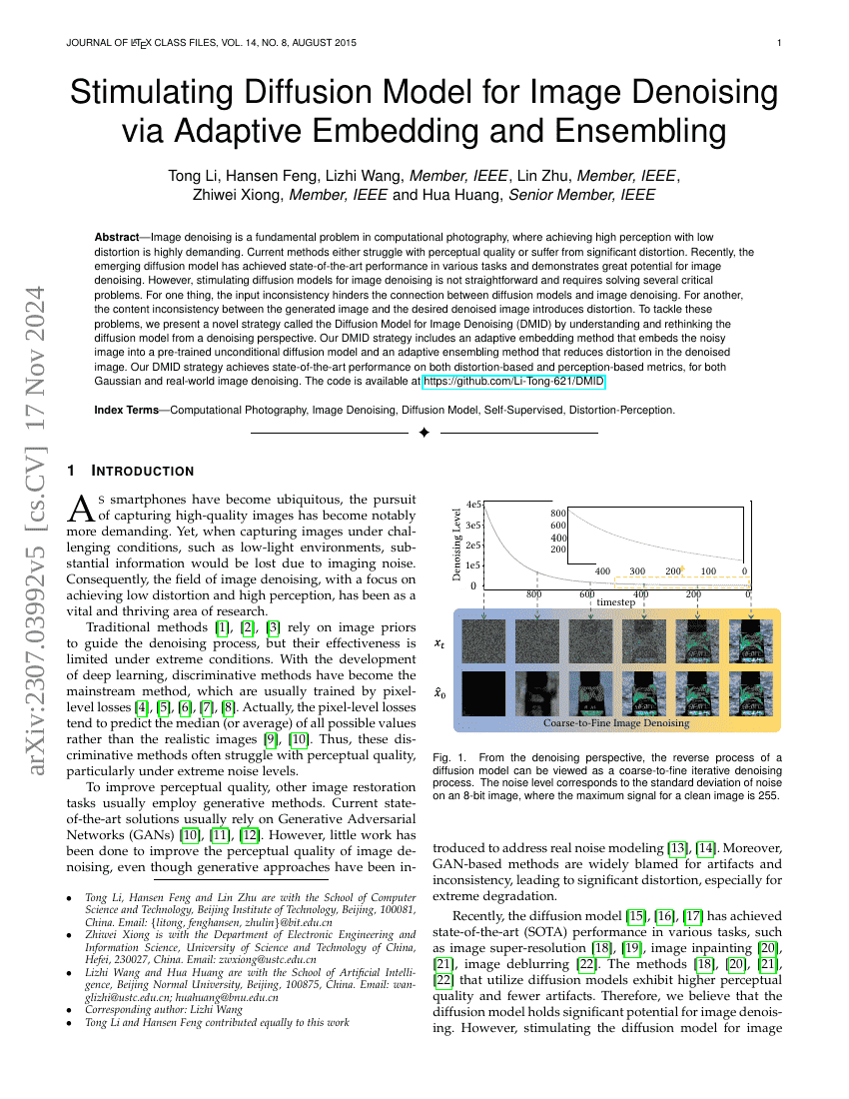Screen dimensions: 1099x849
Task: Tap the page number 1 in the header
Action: tap(778, 43)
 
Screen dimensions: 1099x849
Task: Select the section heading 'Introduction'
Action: tap(142, 471)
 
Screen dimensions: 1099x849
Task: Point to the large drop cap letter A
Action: tap(80, 509)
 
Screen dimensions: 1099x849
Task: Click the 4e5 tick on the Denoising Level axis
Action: tap(474, 506)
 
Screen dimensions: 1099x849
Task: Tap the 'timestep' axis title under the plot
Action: tap(615, 603)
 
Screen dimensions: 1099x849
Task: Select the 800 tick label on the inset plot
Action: tap(558, 514)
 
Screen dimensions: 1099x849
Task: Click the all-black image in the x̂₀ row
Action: tap(483, 691)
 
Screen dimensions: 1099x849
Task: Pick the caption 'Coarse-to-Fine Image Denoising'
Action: tap(615, 722)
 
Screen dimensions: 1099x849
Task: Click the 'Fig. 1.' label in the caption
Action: tap(448, 757)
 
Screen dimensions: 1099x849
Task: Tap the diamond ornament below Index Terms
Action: tap(424, 433)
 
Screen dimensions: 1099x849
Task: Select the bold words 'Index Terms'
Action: tap(126, 410)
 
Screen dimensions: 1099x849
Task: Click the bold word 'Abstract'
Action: tap(116, 237)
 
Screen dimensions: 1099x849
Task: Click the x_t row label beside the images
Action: tap(439, 644)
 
